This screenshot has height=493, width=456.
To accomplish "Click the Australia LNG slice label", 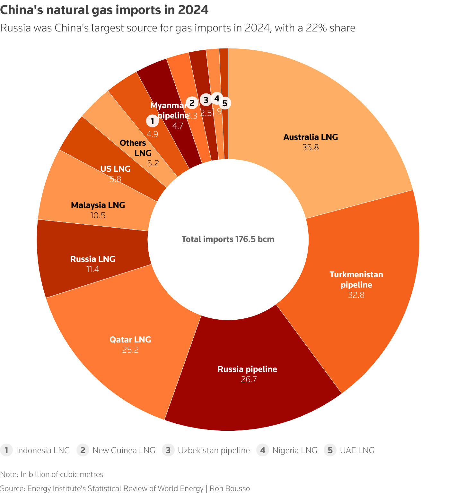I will pos(311,137).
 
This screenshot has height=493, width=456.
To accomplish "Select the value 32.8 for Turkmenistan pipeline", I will pos(356,295).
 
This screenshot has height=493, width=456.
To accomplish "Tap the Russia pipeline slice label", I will pos(247,369).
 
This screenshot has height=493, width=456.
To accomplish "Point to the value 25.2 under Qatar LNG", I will pos(130,350).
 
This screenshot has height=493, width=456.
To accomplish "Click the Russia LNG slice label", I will pos(92,259).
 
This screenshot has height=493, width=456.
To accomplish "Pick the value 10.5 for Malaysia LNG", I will pos(98,215).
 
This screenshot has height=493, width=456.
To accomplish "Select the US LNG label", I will pos(115,169).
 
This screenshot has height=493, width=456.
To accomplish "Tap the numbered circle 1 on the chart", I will pos(152,121).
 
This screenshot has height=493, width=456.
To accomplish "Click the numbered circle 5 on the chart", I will pos(225,103).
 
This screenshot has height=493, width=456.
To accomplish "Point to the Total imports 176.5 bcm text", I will pos(228,239).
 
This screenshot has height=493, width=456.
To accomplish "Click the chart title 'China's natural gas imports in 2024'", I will pos(104,10).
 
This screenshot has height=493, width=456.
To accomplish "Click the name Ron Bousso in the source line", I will pos(230,489).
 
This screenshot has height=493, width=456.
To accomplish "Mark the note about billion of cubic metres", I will pos(52,474).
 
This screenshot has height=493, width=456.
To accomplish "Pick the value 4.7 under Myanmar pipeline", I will pos(178,126).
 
